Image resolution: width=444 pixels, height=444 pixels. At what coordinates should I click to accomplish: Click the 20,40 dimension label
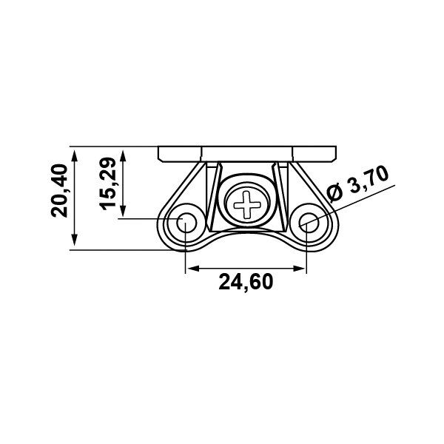pos(59,191)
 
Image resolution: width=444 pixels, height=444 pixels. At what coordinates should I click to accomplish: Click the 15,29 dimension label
pos(108,184)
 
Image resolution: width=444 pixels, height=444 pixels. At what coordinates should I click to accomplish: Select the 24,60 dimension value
pos(246,282)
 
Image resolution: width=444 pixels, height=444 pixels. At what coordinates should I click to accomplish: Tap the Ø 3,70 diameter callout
pos(357,184)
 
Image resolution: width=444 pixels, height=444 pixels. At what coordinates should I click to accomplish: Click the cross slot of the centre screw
pos(245,205)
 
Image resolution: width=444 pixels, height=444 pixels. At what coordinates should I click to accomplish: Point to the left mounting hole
pos(186,223)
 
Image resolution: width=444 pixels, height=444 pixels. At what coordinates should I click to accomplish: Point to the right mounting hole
pos(309,223)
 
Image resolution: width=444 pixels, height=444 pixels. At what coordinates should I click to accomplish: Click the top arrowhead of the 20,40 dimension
pos(75,155)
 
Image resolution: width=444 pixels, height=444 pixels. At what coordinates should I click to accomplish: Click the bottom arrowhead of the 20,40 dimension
pos(75,240)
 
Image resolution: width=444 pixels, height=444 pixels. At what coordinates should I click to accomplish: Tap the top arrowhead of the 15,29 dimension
pos(123,155)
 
